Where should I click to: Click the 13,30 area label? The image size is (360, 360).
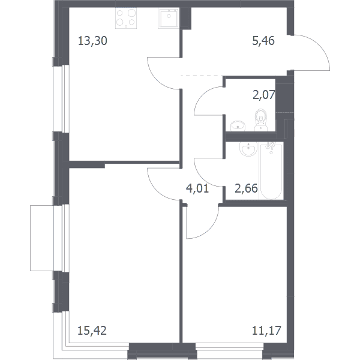[x=92, y=41]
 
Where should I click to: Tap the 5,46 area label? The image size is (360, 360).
[x=263, y=41]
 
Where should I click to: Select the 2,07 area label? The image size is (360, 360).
[x=264, y=95]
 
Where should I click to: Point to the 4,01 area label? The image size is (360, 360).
[x=197, y=188]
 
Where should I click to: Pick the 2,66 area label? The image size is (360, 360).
[x=247, y=188]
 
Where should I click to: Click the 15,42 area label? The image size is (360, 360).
[x=92, y=331]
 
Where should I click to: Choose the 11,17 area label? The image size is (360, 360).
[x=266, y=331]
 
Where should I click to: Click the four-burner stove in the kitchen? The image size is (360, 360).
[x=126, y=18]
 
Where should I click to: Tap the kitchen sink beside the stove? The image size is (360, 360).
[x=169, y=18]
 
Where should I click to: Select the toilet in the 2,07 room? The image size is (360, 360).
[x=261, y=120]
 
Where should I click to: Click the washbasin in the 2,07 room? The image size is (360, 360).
[x=238, y=126]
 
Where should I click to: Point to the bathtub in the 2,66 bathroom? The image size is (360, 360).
[x=271, y=171]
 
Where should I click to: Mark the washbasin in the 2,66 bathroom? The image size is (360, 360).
[x=248, y=148]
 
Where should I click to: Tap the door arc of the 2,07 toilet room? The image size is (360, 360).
[x=202, y=94]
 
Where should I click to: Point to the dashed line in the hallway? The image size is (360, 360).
[x=202, y=76]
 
